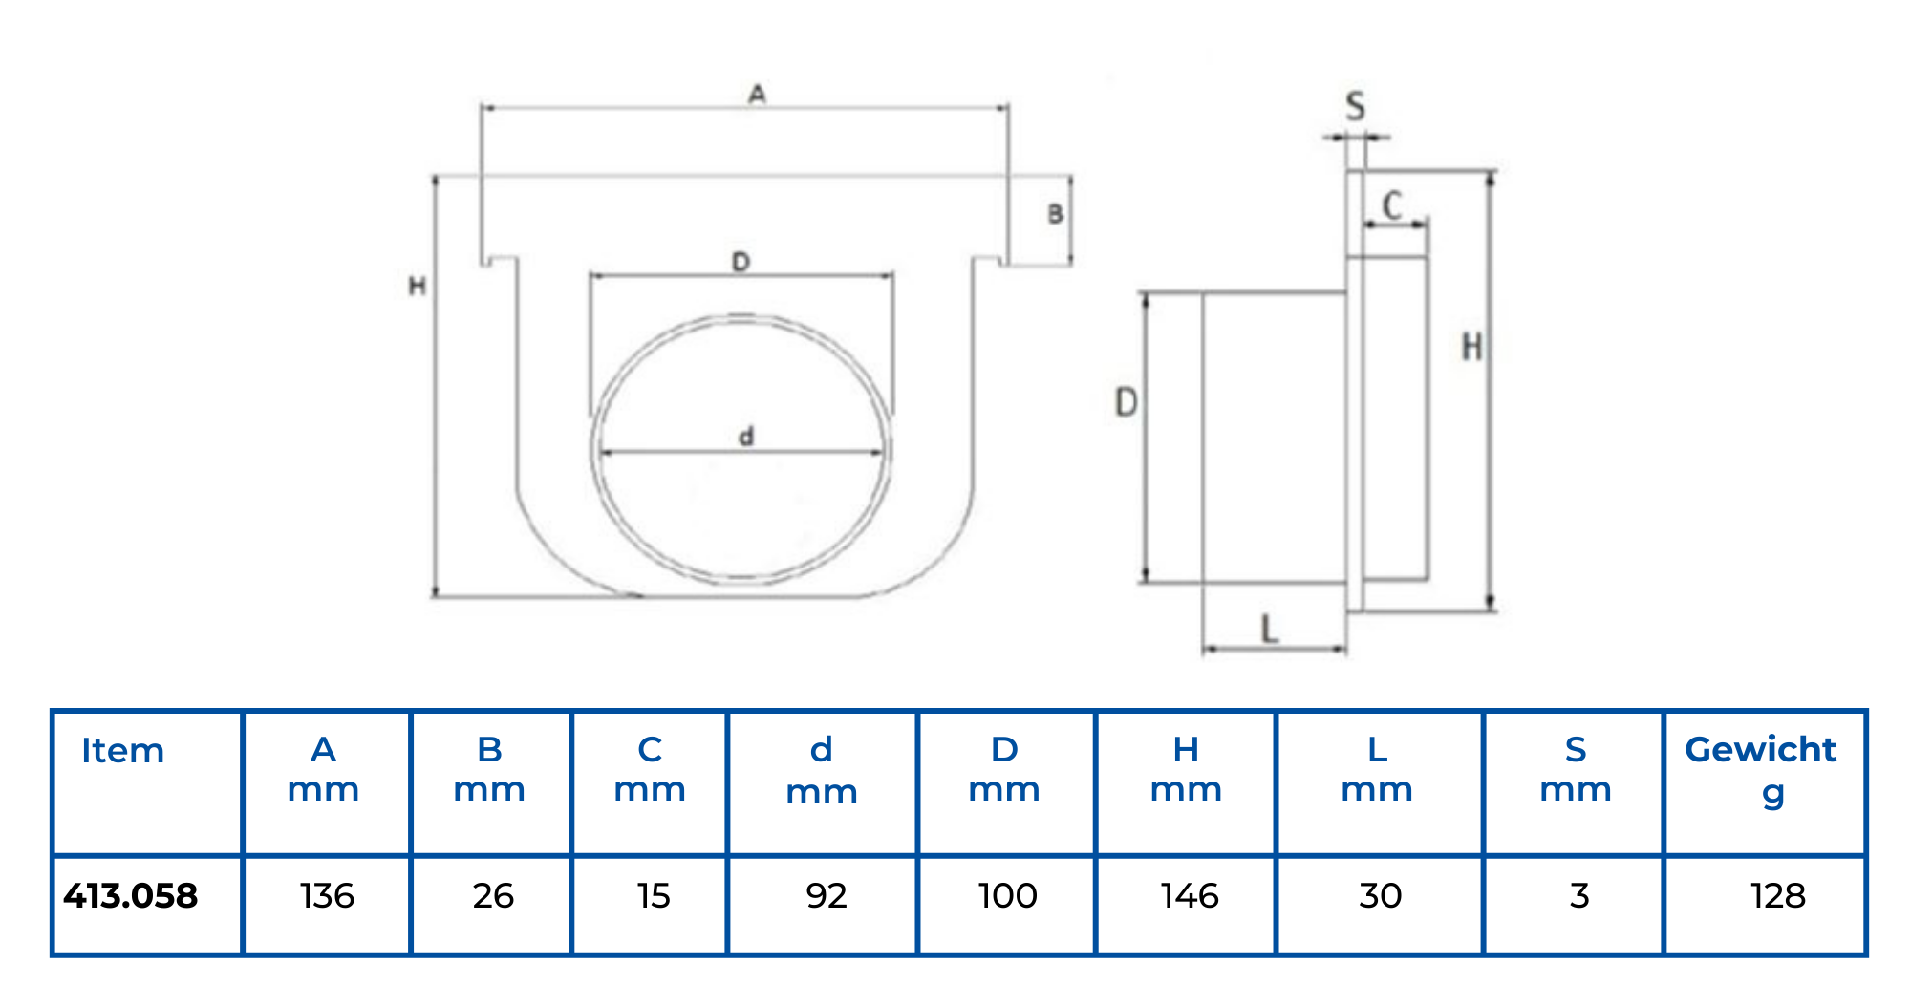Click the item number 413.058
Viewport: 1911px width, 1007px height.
tap(131, 896)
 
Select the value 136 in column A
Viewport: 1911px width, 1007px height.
tap(327, 896)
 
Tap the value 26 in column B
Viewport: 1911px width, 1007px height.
tap(493, 896)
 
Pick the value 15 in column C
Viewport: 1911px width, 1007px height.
tap(654, 896)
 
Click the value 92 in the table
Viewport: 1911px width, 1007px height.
tap(826, 896)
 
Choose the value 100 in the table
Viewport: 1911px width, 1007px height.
tap(1007, 896)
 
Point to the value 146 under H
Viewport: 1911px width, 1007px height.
tap(1190, 896)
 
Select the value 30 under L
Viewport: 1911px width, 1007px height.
tap(1380, 896)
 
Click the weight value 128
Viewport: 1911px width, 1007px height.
tap(1777, 896)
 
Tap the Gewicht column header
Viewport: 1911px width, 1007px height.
tap(1760, 770)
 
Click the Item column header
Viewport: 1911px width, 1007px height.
tap(122, 751)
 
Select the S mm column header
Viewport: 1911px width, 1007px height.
tap(1576, 770)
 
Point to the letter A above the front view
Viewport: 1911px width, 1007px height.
tap(757, 95)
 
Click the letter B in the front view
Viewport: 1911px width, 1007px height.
tap(1055, 214)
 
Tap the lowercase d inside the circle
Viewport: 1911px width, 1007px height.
tap(746, 437)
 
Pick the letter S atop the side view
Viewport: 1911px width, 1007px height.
tap(1355, 106)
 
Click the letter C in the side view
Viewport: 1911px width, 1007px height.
tap(1392, 205)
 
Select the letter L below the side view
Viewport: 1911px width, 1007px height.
tap(1269, 629)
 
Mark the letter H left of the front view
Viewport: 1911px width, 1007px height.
tap(417, 286)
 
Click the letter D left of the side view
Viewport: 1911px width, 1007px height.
tap(1127, 402)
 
